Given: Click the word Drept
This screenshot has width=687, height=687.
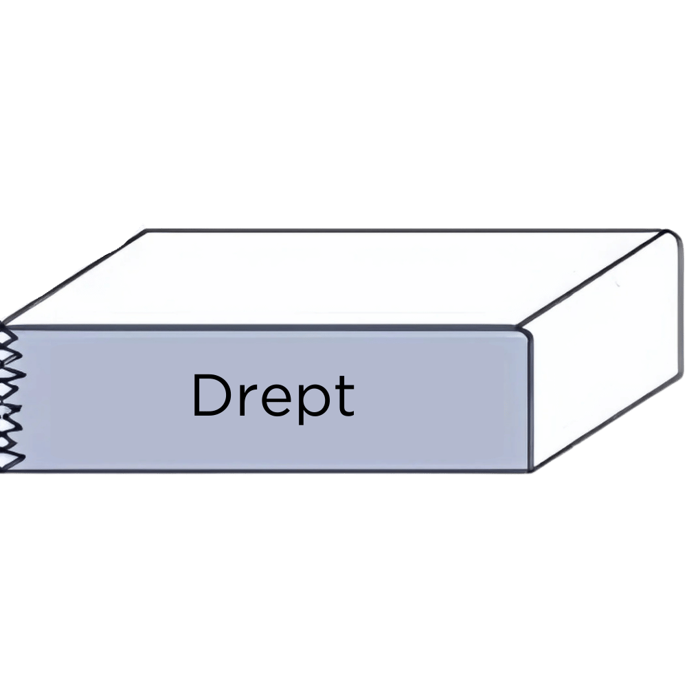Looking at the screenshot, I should pyautogui.click(x=273, y=396).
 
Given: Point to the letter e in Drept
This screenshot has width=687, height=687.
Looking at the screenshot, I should pyautogui.click(x=271, y=401).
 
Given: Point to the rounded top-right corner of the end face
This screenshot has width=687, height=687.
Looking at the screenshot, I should pyautogui.click(x=672, y=237).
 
